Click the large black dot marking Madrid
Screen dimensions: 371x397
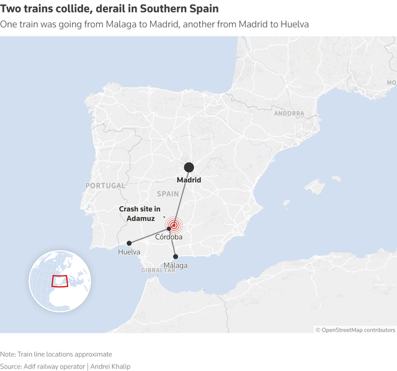(189, 167)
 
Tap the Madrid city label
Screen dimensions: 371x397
(189, 180)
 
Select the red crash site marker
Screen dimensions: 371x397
(174, 225)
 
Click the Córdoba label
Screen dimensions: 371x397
(169, 237)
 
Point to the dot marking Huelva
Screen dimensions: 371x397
(129, 243)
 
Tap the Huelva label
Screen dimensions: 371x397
(129, 252)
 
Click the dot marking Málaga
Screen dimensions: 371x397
(176, 256)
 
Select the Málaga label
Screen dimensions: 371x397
(176, 266)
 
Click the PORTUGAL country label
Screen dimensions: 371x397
(105, 186)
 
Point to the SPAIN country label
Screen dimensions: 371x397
(167, 194)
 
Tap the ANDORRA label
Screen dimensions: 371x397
(289, 114)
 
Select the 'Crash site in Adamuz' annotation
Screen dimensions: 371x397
(140, 214)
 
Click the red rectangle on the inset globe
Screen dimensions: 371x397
(60, 281)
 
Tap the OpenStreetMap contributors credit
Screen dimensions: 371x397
(355, 330)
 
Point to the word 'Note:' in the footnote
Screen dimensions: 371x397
(9, 354)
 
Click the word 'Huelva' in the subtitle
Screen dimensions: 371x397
(295, 24)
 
